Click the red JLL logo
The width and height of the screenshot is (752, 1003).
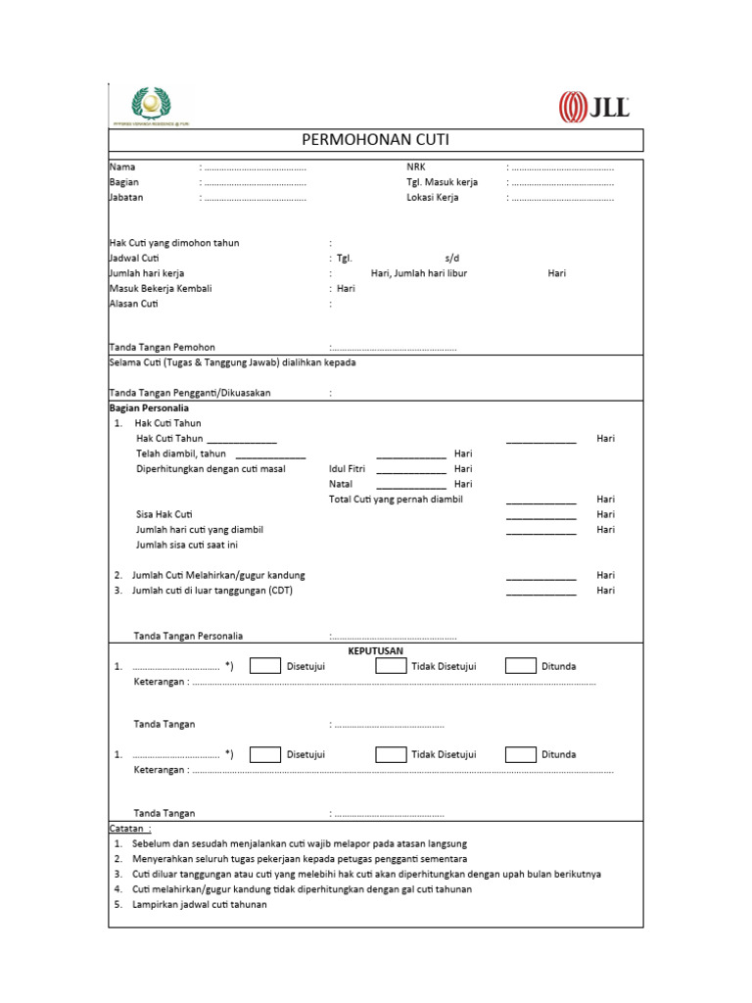click(x=593, y=107)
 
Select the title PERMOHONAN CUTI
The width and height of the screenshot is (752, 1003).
click(x=375, y=140)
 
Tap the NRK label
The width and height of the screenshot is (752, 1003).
click(x=416, y=167)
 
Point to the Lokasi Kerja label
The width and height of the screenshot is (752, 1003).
click(x=432, y=197)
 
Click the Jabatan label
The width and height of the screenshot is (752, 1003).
click(x=124, y=197)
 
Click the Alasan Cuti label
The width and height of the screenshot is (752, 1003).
click(x=133, y=304)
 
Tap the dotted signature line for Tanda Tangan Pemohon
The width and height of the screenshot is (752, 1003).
click(x=393, y=348)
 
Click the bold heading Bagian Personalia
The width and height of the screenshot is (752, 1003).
click(x=149, y=407)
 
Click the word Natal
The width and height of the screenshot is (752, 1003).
click(x=341, y=484)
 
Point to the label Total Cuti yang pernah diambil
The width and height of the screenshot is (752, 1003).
click(x=396, y=500)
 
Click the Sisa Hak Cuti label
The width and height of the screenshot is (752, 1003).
click(x=164, y=514)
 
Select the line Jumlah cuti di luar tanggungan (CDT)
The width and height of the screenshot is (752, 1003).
click(x=212, y=591)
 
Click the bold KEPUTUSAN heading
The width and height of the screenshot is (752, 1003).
click(x=376, y=650)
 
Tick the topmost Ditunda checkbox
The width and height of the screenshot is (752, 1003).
click(x=520, y=666)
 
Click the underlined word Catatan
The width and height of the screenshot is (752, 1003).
click(x=129, y=828)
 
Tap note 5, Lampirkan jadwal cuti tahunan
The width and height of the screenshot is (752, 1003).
click(x=199, y=904)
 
